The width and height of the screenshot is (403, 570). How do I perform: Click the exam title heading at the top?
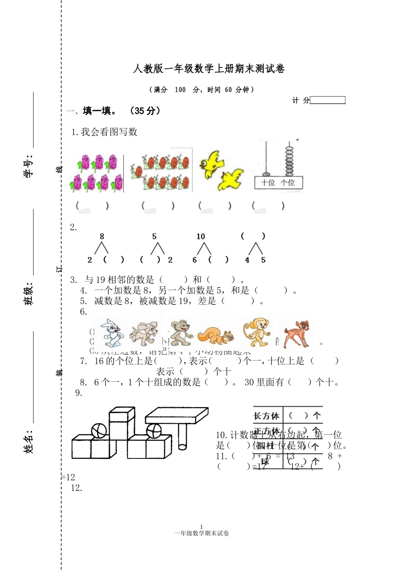click(209, 69)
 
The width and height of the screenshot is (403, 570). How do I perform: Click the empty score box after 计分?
click(327, 100)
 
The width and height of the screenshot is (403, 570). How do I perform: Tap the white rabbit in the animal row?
click(110, 332)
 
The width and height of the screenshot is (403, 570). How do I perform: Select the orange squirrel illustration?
click(216, 337)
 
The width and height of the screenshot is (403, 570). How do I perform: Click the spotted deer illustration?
click(297, 333)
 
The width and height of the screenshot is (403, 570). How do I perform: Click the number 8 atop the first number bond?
click(102, 237)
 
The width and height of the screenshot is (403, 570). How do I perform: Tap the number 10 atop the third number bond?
click(201, 237)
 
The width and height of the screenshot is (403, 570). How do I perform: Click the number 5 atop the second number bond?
click(154, 237)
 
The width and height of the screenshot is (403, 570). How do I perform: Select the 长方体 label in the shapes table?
click(266, 416)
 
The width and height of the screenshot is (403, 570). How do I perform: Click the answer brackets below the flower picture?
click(92, 206)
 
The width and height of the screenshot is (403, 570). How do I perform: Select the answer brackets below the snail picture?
click(158, 206)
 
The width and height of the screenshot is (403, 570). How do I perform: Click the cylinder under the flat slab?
click(183, 437)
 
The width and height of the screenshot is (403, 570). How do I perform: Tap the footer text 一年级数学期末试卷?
click(201, 534)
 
